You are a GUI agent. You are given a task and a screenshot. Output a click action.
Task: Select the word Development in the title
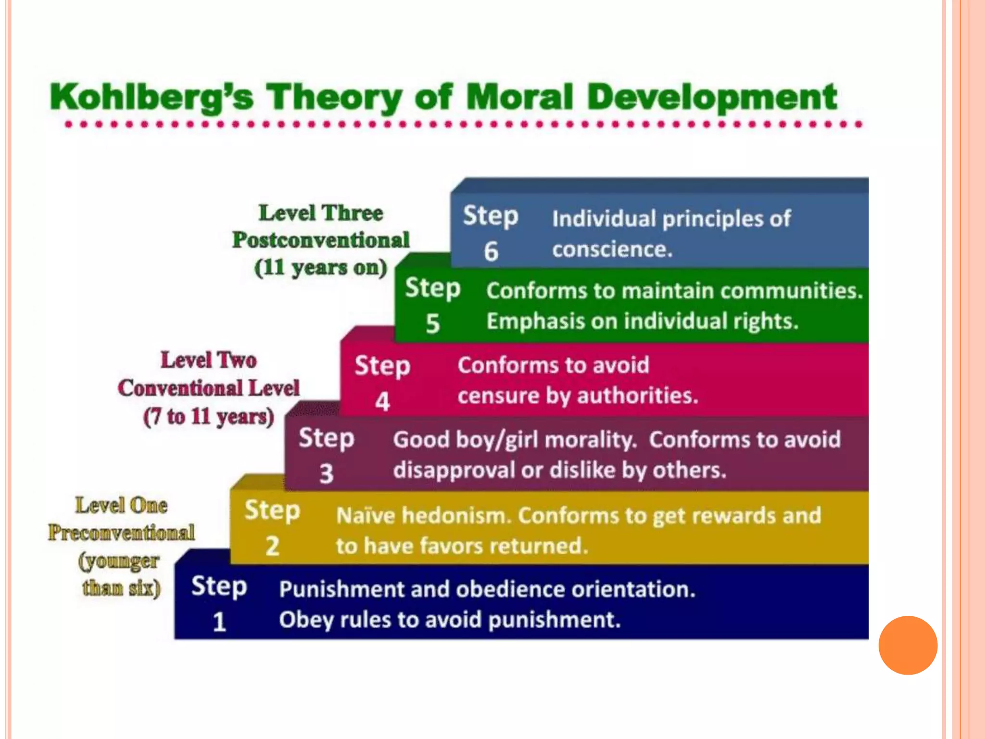click(712, 98)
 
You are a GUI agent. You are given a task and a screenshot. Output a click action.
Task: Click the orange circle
click(908, 645)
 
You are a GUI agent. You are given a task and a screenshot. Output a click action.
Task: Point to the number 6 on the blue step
click(491, 252)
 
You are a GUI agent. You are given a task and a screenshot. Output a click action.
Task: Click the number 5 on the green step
click(432, 323)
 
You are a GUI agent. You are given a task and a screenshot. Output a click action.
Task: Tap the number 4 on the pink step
click(382, 402)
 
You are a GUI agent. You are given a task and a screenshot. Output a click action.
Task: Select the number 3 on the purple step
click(326, 474)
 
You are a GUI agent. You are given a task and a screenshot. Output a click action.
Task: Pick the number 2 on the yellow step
click(272, 547)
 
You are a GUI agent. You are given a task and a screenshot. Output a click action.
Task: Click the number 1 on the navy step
click(219, 622)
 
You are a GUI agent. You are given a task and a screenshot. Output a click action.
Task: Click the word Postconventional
click(321, 240)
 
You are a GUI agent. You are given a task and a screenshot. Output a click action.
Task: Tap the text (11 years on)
click(321, 268)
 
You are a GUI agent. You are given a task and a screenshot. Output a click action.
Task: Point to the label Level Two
click(208, 360)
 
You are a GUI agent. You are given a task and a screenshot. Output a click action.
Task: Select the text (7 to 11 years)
click(208, 417)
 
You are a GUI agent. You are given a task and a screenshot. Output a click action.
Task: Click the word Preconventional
click(121, 533)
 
